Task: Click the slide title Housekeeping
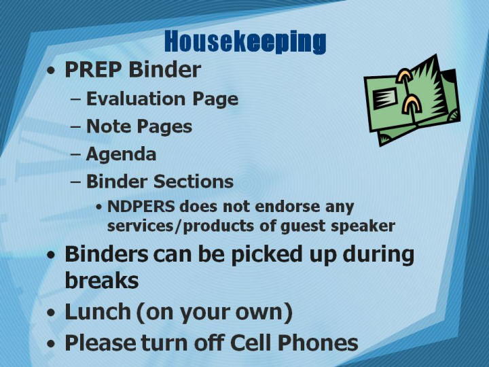[245, 41]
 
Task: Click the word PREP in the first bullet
[93, 69]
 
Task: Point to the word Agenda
[121, 154]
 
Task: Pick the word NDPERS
[141, 207]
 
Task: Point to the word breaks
[102, 280]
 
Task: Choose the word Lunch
[98, 312]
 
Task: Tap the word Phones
[317, 343]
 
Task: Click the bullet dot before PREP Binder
[51, 70]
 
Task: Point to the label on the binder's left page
[384, 99]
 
